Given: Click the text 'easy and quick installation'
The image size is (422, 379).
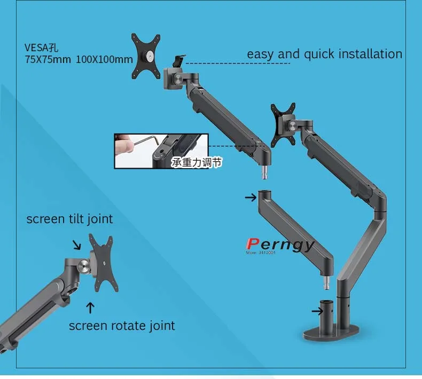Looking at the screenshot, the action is [x=324, y=54].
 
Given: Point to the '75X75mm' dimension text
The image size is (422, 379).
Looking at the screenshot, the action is [x=48, y=59].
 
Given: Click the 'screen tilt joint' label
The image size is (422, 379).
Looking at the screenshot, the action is [x=69, y=219].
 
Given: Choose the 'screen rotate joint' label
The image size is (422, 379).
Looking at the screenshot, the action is [x=122, y=325].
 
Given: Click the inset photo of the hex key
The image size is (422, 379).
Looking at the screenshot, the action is [x=160, y=151].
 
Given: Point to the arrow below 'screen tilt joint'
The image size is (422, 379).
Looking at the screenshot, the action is [x=77, y=245].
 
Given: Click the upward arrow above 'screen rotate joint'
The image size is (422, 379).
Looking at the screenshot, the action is [x=90, y=307].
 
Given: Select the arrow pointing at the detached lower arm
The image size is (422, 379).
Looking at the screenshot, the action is [x=250, y=197].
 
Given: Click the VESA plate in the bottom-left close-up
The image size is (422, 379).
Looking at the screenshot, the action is [x=100, y=263].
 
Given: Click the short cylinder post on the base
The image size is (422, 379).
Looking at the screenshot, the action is [x=327, y=314].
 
